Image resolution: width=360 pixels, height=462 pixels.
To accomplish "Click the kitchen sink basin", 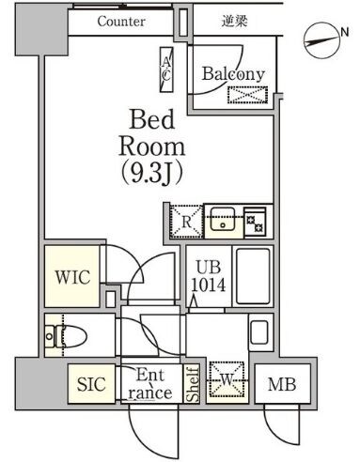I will [x=224, y=223].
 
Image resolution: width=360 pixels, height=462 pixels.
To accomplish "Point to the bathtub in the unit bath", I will [x=252, y=275].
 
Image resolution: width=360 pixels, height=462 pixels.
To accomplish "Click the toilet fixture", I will [x=64, y=332].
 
